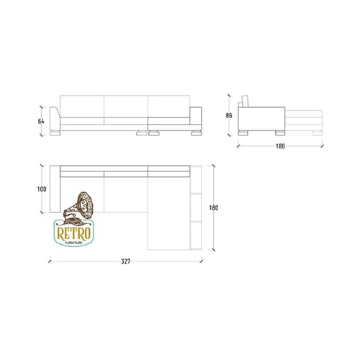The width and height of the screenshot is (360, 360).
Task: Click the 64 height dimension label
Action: click(41, 122)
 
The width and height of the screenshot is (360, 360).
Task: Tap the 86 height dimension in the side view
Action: click(229, 115)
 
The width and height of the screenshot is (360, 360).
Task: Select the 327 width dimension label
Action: click(125, 261)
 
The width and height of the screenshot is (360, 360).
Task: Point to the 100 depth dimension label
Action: click(42, 189)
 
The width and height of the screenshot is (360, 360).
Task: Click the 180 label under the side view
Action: click(280, 146)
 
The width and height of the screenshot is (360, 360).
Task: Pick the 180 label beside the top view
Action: click(214, 207)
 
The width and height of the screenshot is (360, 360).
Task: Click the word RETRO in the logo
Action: click(74, 233)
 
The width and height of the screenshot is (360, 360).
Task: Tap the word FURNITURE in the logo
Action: click(74, 243)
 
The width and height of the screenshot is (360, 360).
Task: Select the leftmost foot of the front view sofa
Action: click(55, 133)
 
